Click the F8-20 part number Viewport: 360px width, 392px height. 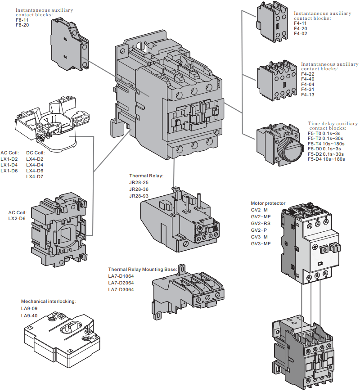point(22,25)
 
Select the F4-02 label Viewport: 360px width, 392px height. point(301,33)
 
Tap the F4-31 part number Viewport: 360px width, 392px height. point(308,89)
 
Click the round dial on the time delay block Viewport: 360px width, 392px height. point(286,144)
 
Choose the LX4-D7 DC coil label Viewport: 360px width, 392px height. point(35,176)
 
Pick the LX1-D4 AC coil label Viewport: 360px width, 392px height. point(9,165)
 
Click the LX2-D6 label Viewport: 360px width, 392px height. point(17,218)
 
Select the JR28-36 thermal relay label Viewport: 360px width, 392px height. point(139,189)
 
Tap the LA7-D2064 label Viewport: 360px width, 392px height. point(121,283)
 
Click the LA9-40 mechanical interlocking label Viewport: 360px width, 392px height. point(29,315)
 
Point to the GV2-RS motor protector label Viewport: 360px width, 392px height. point(261,223)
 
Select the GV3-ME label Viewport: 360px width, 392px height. point(261,243)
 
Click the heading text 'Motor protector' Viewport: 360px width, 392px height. point(268,203)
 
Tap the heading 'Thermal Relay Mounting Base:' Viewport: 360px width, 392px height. point(143,269)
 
